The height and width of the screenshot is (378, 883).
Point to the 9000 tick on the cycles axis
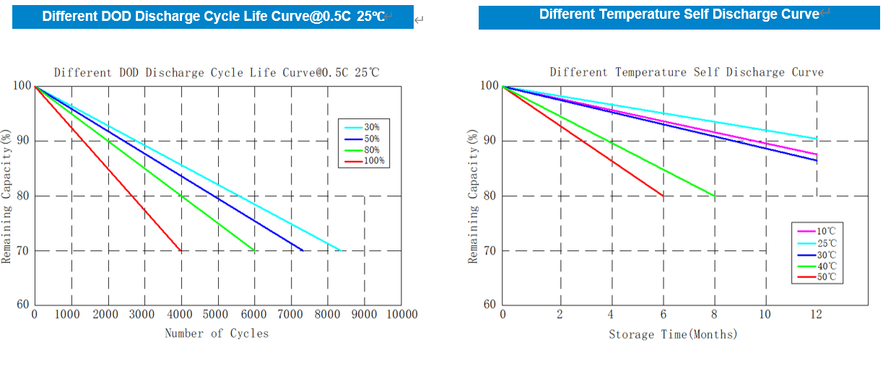(x=364, y=315)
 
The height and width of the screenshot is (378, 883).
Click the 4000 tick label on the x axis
(x=181, y=315)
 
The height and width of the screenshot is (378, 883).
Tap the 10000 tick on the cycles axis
(x=401, y=315)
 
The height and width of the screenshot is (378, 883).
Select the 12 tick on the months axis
(x=817, y=315)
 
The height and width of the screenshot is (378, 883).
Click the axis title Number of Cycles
(x=217, y=333)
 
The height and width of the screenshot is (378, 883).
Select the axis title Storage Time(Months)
(x=673, y=334)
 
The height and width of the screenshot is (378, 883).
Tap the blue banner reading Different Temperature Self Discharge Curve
(x=679, y=14)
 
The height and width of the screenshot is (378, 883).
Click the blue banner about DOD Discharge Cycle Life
(x=213, y=17)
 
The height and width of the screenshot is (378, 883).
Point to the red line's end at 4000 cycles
(x=180, y=250)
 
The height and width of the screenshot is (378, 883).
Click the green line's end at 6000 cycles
(x=254, y=250)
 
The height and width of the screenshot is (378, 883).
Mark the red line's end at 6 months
(x=664, y=195)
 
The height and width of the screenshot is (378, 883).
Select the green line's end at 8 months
(x=715, y=195)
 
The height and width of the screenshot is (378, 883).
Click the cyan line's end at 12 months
(x=817, y=139)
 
